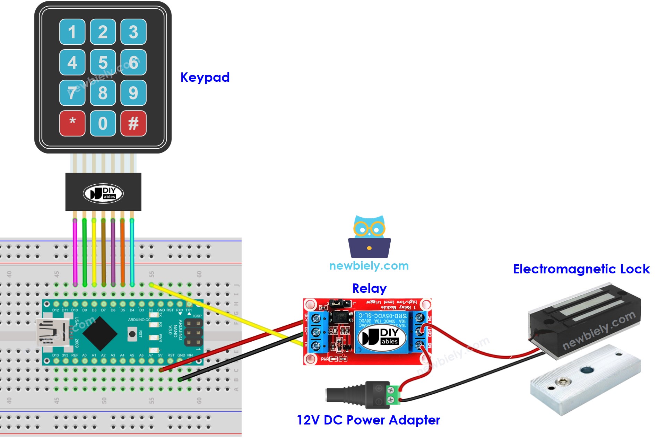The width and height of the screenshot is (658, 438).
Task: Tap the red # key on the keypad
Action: click(x=133, y=123)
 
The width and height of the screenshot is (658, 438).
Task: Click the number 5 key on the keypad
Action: click(x=103, y=62)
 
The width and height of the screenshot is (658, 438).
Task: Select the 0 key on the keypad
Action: click(x=103, y=123)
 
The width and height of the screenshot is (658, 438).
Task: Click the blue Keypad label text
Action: click(x=205, y=77)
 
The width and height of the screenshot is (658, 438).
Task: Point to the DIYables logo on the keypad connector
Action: click(x=103, y=193)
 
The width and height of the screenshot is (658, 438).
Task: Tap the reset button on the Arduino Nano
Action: click(x=132, y=334)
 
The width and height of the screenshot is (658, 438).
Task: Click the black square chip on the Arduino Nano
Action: click(x=100, y=333)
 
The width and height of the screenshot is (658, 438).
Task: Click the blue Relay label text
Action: click(x=369, y=288)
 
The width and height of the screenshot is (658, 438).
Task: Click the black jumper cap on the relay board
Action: click(x=336, y=304)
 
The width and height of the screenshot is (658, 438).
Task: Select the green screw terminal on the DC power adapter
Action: click(x=392, y=394)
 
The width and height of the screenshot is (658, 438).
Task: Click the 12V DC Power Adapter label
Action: click(x=368, y=420)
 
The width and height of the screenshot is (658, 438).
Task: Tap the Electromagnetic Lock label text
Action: click(x=581, y=269)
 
